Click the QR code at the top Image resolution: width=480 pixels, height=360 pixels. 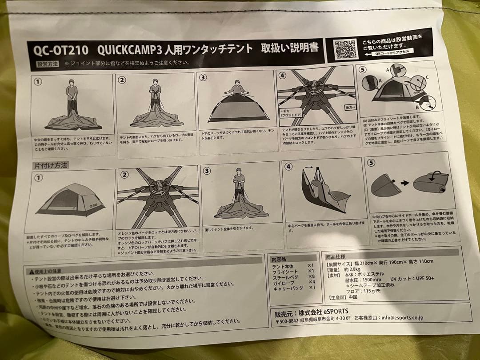click(x=346, y=48)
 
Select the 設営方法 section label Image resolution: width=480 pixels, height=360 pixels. click(x=48, y=64)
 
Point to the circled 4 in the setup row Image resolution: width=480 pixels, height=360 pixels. click(x=282, y=75)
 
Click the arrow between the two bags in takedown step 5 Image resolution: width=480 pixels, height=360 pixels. click(x=404, y=183)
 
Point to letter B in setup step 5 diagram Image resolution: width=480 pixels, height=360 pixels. click(x=417, y=107)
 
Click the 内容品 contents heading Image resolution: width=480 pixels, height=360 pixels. click(x=279, y=259)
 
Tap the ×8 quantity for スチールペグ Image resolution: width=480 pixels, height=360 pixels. click(x=311, y=276)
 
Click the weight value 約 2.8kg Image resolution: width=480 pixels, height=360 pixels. click(x=352, y=269)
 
